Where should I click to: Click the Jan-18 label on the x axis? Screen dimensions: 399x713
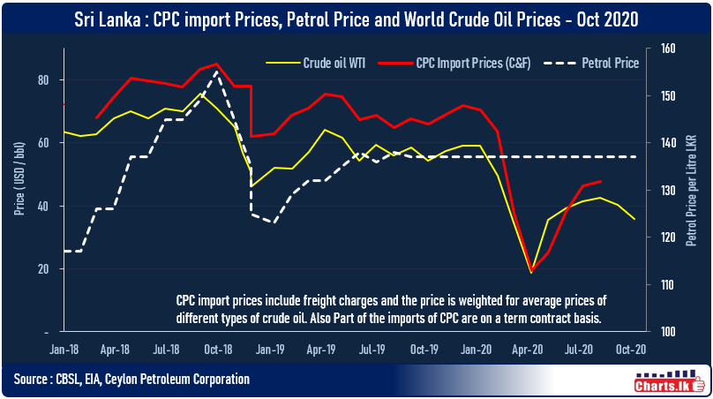coord(64,349)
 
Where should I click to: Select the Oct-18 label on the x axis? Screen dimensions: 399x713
coord(217,349)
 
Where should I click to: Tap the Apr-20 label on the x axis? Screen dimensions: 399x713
coord(530,349)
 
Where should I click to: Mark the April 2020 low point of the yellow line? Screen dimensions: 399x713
coord(531,272)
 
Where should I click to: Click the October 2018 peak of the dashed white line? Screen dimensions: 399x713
coord(217,72)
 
